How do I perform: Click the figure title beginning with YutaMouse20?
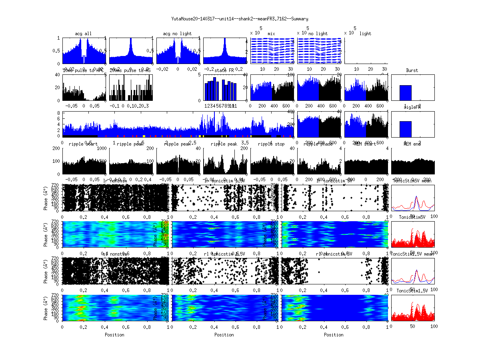click(240, 19)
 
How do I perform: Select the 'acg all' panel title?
click(83, 34)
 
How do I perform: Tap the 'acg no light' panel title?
click(177, 34)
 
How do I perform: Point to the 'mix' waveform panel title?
click(272, 34)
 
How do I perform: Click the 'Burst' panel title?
click(412, 70)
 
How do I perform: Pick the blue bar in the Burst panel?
click(406, 92)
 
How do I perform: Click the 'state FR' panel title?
click(224, 70)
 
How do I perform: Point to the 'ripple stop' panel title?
click(271, 144)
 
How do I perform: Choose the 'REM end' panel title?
click(412, 144)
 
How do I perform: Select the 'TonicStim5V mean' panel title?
click(412, 181)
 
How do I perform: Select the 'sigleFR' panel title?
click(412, 107)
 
